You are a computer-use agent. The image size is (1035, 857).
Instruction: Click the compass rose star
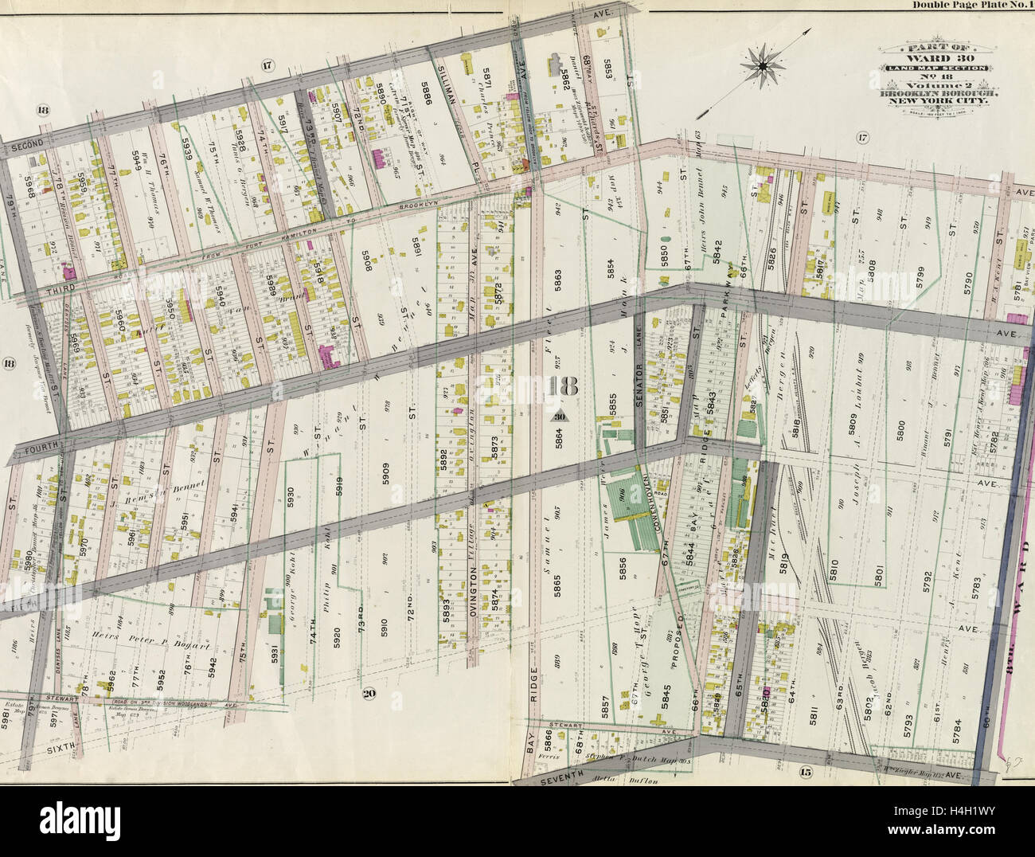[762, 67]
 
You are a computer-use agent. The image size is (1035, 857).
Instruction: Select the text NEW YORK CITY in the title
[933, 101]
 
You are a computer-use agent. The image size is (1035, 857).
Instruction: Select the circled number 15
[805, 771]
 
